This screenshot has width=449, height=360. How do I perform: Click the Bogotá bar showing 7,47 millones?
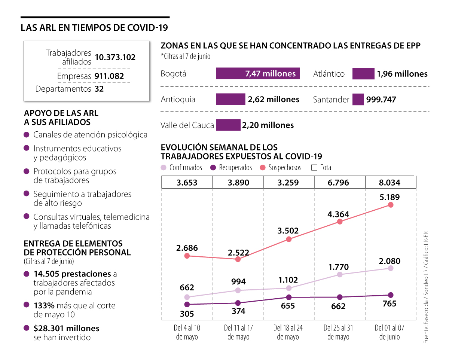point(258,74)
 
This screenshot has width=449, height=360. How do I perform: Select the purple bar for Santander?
point(358,100)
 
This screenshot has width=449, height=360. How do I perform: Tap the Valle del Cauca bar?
point(228,125)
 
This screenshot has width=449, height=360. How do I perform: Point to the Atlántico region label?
point(329,74)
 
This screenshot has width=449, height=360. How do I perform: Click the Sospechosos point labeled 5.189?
point(391,205)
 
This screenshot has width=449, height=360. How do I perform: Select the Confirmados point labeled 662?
point(187,297)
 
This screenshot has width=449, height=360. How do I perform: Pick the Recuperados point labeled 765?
point(391,295)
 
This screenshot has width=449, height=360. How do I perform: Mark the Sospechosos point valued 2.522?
point(238,259)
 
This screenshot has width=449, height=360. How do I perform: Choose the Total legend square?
point(314,168)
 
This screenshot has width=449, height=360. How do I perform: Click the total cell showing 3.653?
point(187,183)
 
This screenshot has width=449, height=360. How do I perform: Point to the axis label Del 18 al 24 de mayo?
point(288,332)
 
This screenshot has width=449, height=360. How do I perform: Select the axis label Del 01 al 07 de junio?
point(390,332)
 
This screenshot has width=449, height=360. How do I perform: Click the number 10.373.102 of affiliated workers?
point(115,57)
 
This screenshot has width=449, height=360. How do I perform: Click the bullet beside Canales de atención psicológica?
point(27,135)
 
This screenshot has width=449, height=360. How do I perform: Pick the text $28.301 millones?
point(66,328)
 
